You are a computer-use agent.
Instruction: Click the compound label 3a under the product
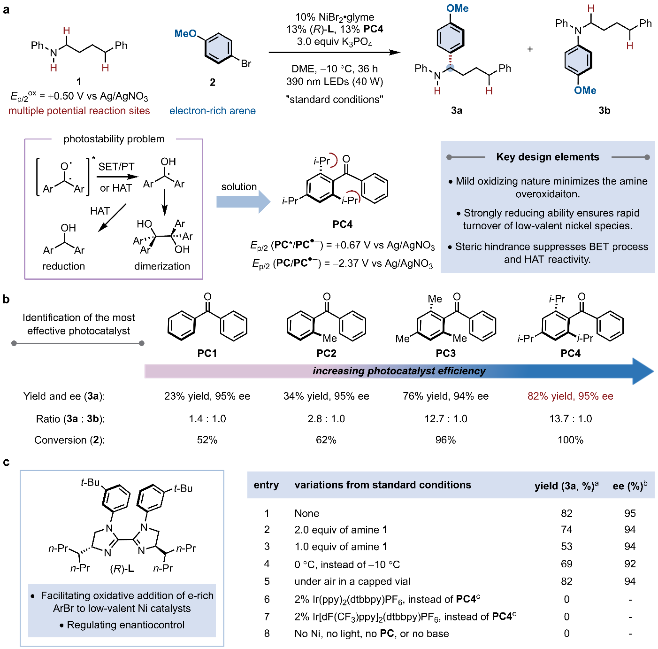[456, 111]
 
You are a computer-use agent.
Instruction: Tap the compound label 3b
[604, 111]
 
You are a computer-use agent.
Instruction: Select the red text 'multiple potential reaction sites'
[79, 111]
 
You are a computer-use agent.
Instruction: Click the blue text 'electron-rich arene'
[213, 111]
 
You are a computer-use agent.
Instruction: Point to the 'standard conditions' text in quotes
[335, 100]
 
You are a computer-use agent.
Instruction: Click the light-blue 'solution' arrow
[243, 201]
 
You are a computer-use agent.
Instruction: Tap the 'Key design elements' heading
[548, 157]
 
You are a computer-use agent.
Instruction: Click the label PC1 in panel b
[207, 353]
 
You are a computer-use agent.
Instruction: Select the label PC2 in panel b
[326, 353]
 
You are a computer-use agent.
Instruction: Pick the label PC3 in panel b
[445, 353]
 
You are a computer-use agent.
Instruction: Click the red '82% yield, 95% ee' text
[570, 396]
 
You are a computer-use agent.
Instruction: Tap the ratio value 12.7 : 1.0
[445, 418]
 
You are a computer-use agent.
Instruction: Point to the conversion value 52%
[207, 440]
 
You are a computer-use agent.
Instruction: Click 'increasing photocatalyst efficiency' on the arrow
[399, 371]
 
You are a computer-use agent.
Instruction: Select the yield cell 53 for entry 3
[566, 547]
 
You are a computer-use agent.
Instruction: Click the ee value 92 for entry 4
[630, 564]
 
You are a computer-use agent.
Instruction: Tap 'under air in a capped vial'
[352, 581]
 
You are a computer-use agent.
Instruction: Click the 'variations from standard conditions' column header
[383, 485]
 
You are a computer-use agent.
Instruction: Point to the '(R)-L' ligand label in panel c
[122, 569]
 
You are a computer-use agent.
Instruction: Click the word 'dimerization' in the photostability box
[162, 266]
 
